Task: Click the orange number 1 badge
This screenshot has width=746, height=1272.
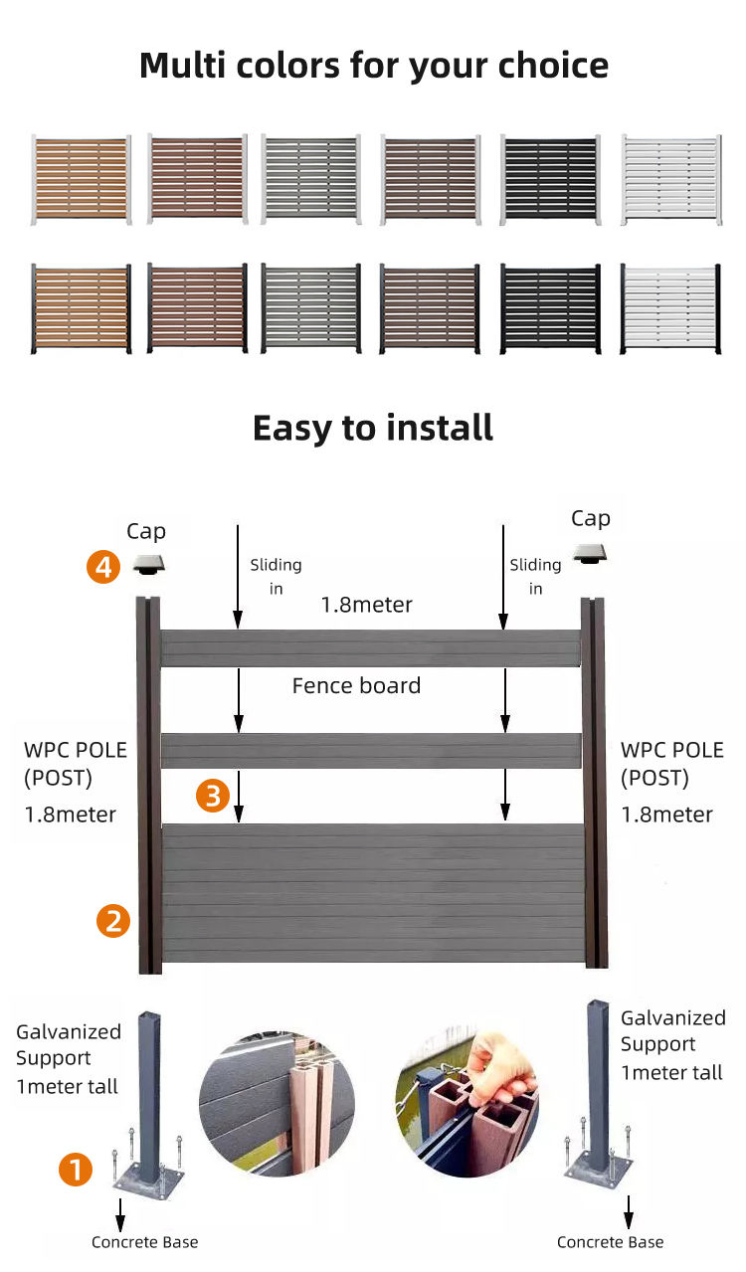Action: [76, 1169]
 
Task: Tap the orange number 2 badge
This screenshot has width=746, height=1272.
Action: [112, 920]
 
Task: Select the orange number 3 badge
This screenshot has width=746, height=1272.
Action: [213, 795]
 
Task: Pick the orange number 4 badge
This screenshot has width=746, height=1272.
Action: [103, 568]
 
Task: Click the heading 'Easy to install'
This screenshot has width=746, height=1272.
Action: [373, 428]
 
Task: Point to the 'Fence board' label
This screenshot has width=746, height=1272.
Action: [356, 685]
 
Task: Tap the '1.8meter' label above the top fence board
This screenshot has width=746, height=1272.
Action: [366, 604]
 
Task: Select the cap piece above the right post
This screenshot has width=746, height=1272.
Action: [591, 552]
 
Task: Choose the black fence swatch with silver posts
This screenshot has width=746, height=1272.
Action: [550, 180]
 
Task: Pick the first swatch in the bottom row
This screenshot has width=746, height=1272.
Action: [80, 308]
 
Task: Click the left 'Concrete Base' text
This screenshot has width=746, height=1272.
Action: [144, 1242]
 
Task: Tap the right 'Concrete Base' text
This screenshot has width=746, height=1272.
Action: [610, 1242]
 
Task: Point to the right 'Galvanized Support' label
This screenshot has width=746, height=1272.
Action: [672, 1031]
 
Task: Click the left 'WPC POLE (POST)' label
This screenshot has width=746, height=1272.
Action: [76, 764]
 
